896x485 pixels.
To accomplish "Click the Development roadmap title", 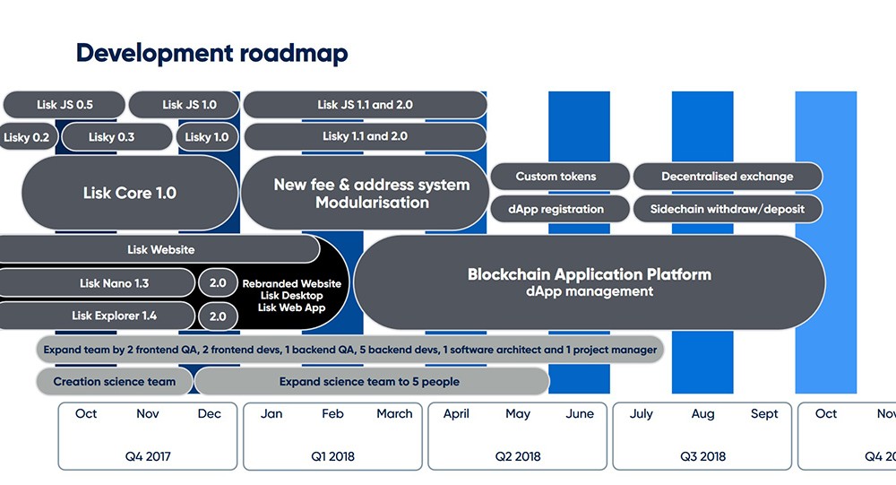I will [x=211, y=53].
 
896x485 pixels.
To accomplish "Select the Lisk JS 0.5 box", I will [x=65, y=105].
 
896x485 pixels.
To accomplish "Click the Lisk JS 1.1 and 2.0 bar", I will [x=365, y=105].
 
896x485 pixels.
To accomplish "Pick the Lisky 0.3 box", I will [x=112, y=137].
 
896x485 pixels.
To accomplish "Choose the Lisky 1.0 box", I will [x=207, y=137].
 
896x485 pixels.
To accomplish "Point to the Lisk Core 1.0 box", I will [x=129, y=193].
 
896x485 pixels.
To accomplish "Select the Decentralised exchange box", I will [x=727, y=177].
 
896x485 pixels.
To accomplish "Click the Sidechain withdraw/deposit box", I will [x=727, y=209].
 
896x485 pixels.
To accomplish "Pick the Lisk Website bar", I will [x=160, y=249].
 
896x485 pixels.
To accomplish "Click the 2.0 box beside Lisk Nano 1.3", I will [x=218, y=282].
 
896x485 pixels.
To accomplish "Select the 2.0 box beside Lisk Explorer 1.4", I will [x=218, y=316].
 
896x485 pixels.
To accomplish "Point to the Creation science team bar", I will [x=114, y=381].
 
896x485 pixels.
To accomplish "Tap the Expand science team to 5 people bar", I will [x=369, y=381].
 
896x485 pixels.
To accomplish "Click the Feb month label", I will [x=332, y=414].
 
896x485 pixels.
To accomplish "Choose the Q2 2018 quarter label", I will [x=517, y=456].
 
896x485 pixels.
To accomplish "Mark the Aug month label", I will [x=702, y=414].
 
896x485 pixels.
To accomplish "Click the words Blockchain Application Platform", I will [x=589, y=274].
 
